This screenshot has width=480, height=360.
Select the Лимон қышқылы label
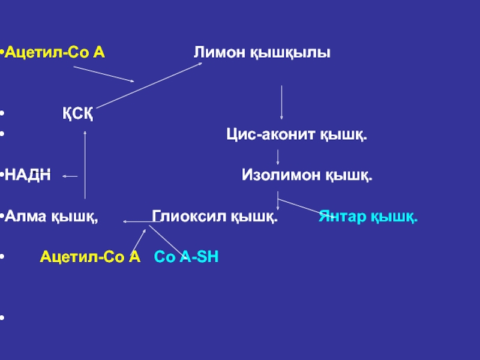(x=262, y=53)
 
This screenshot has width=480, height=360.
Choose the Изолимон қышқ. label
(x=307, y=176)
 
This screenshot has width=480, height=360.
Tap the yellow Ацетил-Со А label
(x=90, y=257)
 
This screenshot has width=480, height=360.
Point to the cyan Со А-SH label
(x=187, y=257)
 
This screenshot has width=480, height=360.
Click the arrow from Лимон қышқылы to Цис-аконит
(x=281, y=102)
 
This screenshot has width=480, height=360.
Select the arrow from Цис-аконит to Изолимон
(x=278, y=157)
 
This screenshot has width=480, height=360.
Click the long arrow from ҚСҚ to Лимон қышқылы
(x=150, y=85)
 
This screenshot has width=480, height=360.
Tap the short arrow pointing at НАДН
(x=70, y=176)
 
